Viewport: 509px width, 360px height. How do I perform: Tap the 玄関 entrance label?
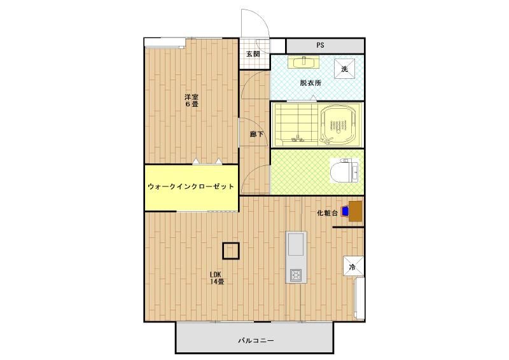[253, 54]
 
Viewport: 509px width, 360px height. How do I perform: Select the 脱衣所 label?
[311, 83]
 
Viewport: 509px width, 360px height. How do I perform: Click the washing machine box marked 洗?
[344, 69]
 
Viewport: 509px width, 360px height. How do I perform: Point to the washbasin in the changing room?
[302, 62]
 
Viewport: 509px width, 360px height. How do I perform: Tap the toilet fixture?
[344, 170]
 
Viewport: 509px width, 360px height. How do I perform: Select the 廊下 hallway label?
[256, 134]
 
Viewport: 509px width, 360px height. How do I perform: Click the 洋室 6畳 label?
[192, 100]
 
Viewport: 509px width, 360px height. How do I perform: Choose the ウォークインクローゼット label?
[191, 187]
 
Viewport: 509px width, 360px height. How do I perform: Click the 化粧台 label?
[327, 214]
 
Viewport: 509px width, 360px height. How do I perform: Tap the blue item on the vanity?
[345, 211]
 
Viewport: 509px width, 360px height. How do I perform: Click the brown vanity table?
[356, 210]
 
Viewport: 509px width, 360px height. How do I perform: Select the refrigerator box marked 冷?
[352, 268]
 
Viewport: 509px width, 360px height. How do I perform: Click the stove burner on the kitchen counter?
[296, 275]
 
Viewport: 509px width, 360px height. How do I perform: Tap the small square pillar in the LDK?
[230, 251]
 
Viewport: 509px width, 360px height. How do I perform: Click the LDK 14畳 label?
[218, 278]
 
